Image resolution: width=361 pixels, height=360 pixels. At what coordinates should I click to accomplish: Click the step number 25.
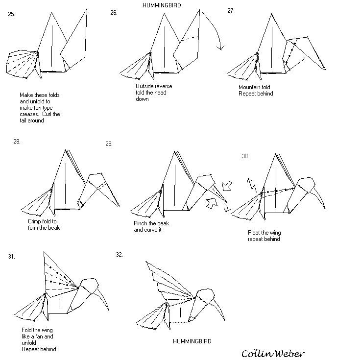pos(11,14)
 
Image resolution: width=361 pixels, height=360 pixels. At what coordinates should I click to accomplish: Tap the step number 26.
pos(114,13)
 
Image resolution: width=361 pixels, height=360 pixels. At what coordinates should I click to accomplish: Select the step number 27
pos(230,11)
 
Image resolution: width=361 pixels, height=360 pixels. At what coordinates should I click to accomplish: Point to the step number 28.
pos(17,142)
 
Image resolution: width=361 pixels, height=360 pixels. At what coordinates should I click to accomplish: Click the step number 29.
pos(109,144)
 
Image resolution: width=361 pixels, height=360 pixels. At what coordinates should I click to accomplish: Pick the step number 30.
pos(245,156)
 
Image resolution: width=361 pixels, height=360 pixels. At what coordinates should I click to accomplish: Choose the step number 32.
pos(119,254)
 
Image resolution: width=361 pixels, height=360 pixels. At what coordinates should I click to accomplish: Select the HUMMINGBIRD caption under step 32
pos(192,341)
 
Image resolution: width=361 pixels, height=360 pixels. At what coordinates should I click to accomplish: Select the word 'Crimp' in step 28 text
pos(36,221)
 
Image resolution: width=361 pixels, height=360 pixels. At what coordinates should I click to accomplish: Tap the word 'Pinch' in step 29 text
pos(141,223)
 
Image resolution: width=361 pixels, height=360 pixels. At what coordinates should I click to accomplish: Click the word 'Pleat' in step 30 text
pos(256,233)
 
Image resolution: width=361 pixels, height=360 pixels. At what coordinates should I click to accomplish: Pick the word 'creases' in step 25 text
pos(30,114)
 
